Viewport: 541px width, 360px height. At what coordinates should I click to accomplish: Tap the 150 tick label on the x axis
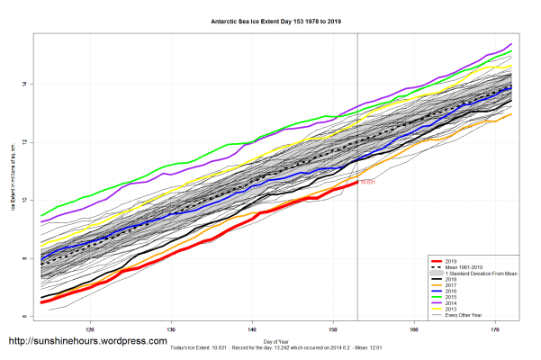coord(333,329)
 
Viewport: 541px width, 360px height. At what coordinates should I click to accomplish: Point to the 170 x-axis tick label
coord(495,329)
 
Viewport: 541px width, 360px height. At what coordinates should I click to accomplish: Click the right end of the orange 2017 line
coord(511,114)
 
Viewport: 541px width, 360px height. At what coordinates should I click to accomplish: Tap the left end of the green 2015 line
coord(42,216)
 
